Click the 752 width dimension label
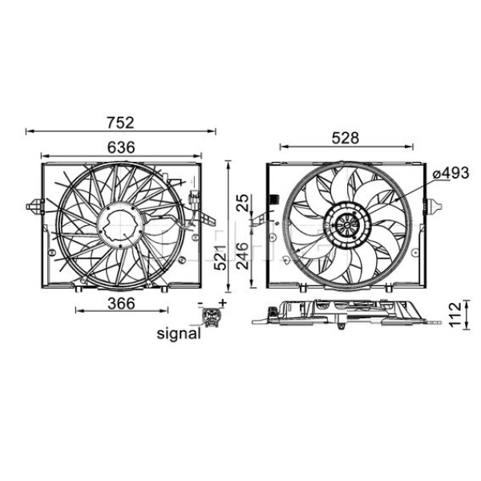click(x=120, y=123)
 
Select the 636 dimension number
click(x=120, y=148)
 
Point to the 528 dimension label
click(x=346, y=139)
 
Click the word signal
click(x=178, y=333)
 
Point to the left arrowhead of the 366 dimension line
click(x=78, y=309)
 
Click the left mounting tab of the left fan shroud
click(x=34, y=207)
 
